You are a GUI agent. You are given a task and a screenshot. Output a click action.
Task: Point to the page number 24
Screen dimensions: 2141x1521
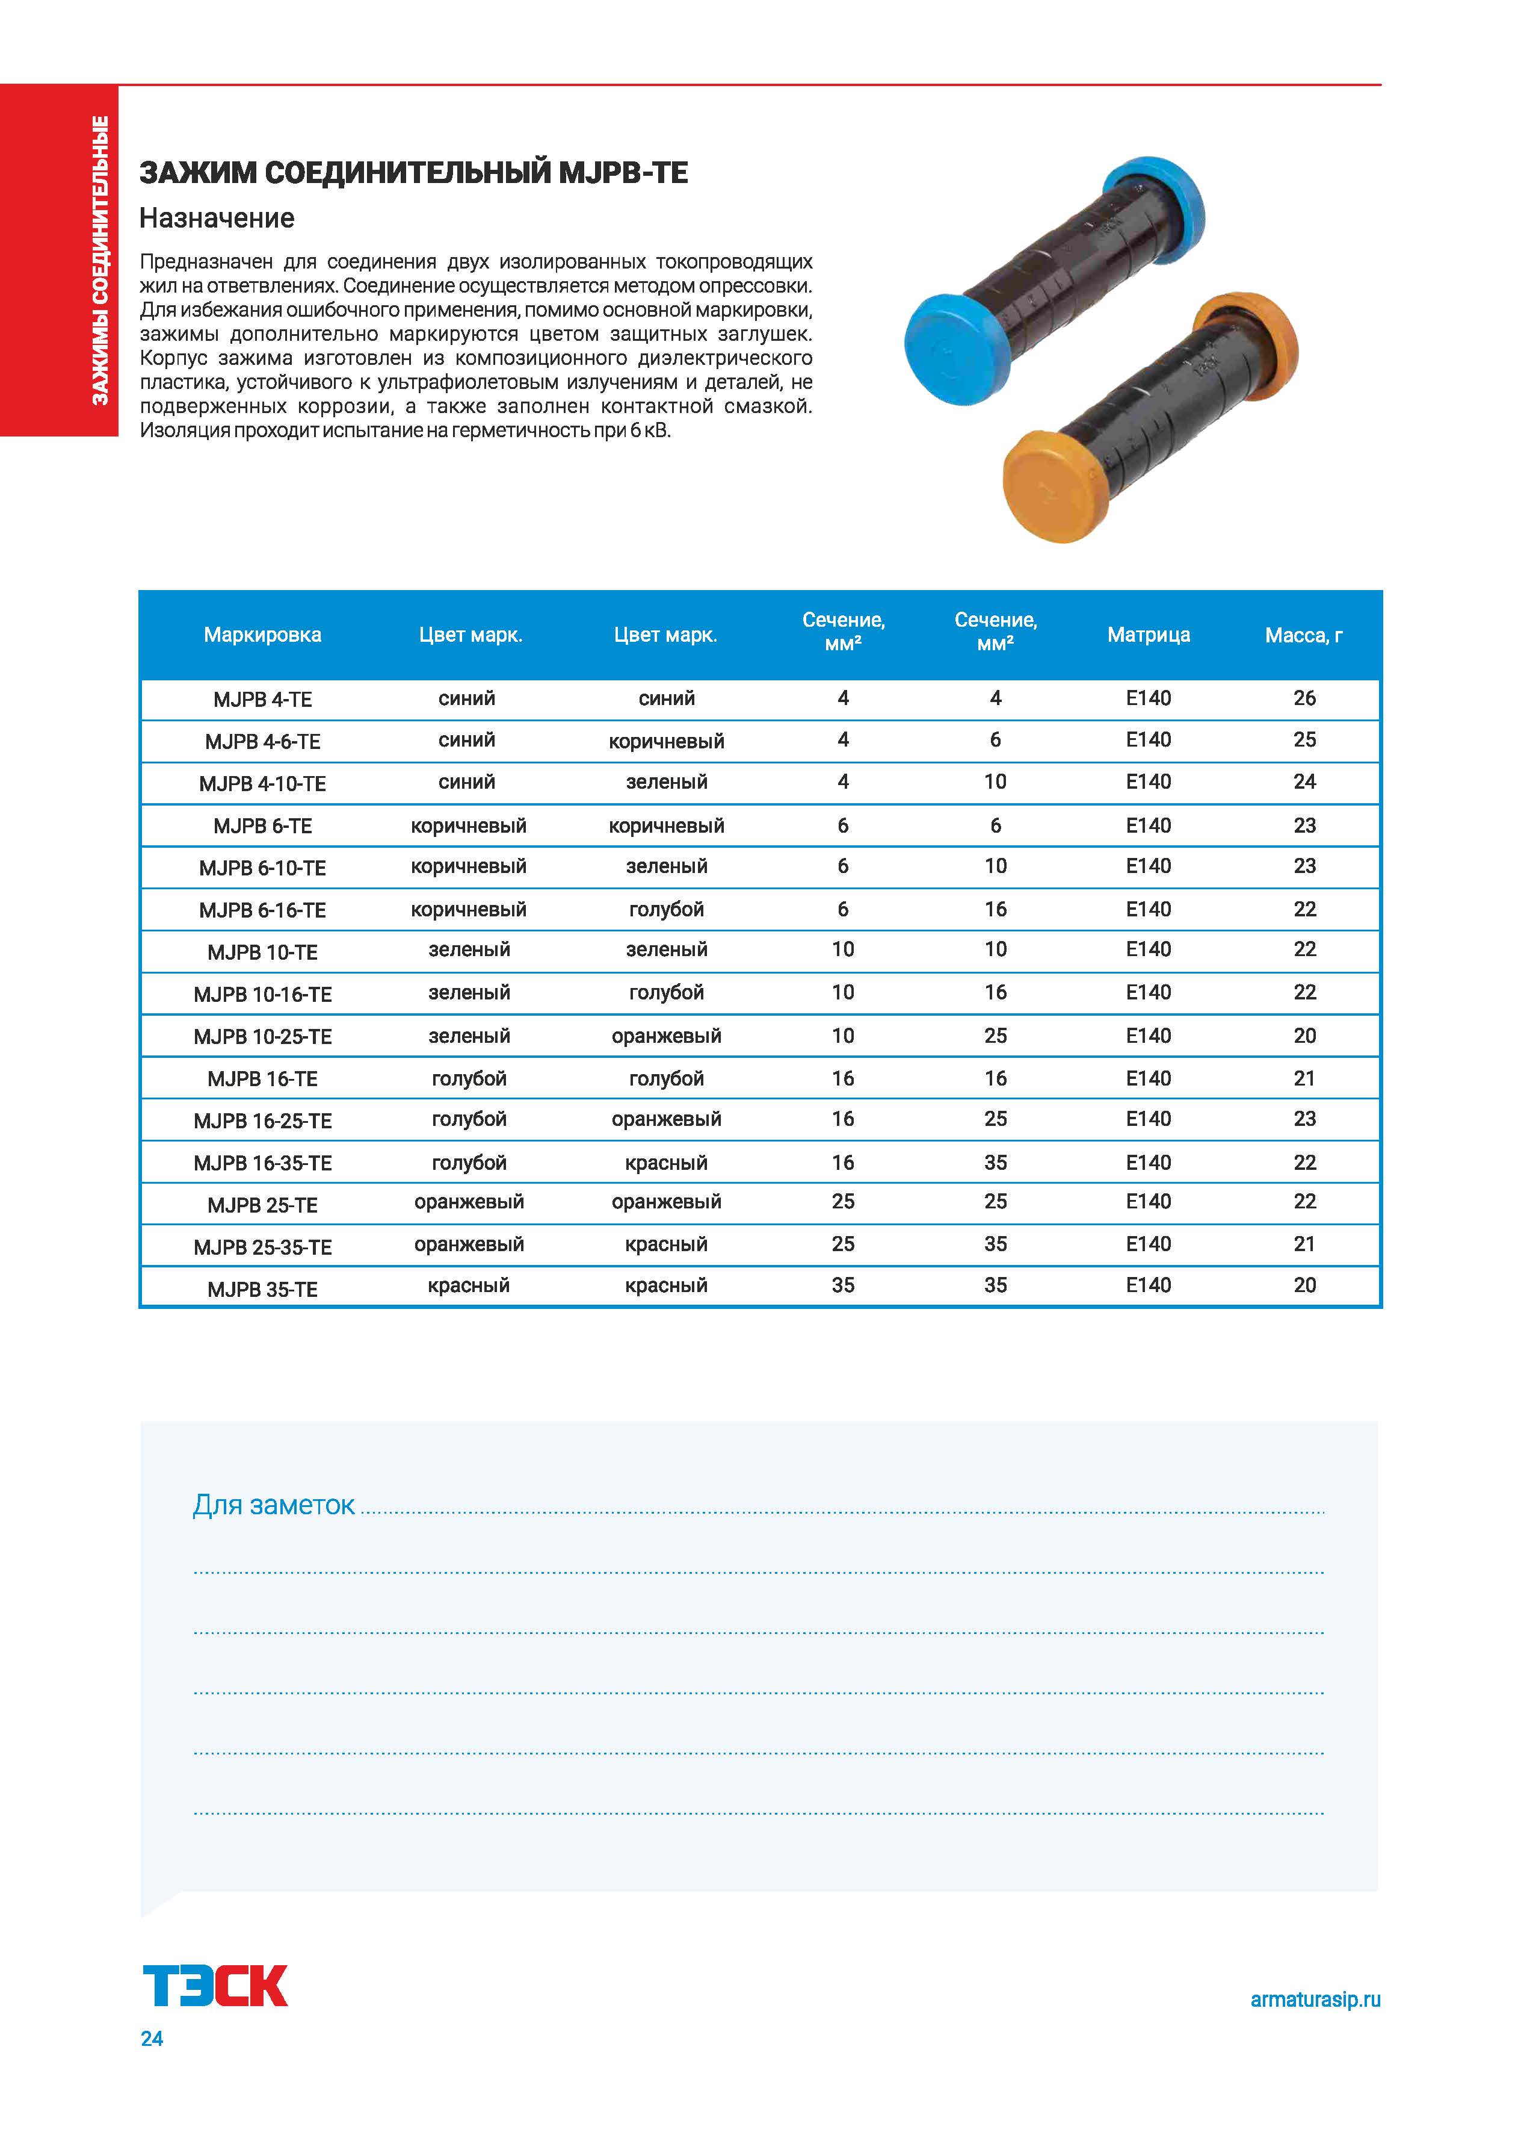[x=152, y=2038]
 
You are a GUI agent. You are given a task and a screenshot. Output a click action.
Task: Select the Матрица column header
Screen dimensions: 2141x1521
[x=1148, y=635]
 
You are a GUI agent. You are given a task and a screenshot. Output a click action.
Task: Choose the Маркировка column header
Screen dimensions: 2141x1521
[x=262, y=635]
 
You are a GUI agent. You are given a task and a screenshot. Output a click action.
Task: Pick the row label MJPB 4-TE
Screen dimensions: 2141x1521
[x=262, y=699]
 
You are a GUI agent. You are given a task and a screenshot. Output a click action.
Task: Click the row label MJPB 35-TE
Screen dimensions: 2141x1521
[x=262, y=1289]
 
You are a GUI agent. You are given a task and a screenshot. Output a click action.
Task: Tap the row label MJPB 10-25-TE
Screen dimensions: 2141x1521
[x=262, y=1036]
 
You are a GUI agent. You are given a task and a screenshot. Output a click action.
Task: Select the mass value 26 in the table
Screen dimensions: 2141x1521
[x=1304, y=698]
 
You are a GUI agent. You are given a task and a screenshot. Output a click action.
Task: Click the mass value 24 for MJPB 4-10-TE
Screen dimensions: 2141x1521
[x=1304, y=782]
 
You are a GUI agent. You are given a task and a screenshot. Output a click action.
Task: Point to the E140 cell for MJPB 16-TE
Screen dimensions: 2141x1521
[x=1148, y=1078]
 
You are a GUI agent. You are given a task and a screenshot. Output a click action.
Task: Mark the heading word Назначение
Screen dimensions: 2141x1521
[x=217, y=219]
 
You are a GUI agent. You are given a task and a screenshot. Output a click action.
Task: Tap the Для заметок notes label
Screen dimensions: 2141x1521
[x=274, y=1505]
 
